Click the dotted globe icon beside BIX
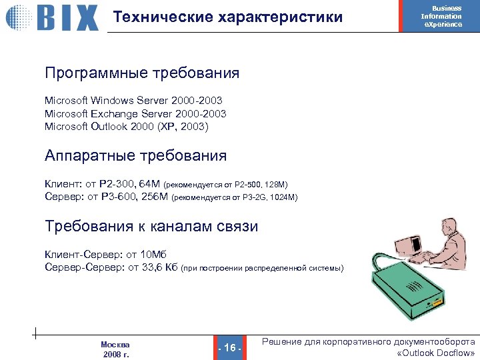pos(19,17)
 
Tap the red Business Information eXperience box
pos(441,16)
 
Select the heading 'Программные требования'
pos(141,72)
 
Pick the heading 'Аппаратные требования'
pos(135,156)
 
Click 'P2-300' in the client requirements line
pos(117,184)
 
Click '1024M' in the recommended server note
pos(283,198)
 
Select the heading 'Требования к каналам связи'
pos(151,227)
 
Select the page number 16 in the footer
pos(230,348)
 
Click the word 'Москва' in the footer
pos(115,344)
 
